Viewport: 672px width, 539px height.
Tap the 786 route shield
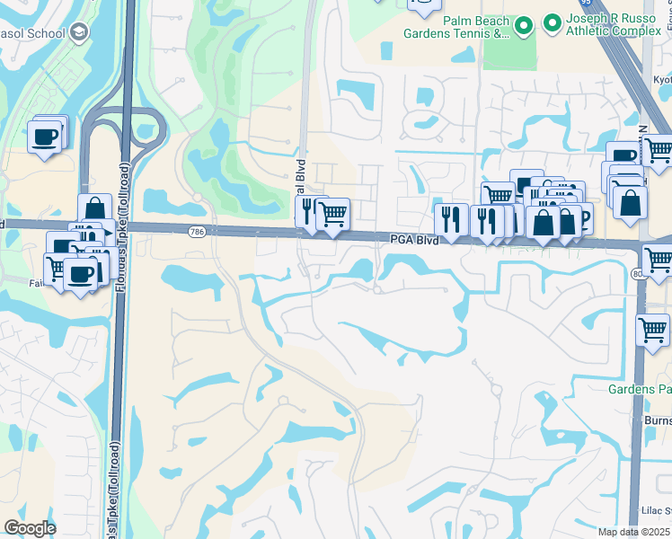tap(197, 232)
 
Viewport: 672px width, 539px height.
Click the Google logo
tap(30, 528)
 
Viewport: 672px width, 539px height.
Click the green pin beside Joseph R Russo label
tap(552, 21)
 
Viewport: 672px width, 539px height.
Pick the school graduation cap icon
tap(80, 33)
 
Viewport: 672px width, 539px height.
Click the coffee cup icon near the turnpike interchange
tap(45, 137)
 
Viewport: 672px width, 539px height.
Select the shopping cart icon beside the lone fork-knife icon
tap(333, 213)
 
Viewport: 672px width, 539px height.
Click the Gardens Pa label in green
tap(640, 389)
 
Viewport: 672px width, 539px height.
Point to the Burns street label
tap(658, 420)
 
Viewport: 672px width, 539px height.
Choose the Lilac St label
tap(656, 510)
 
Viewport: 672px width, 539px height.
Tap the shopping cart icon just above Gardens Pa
tap(652, 330)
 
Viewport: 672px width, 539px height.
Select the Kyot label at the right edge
tap(662, 80)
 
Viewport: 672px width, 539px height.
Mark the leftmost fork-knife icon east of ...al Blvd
tap(450, 218)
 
